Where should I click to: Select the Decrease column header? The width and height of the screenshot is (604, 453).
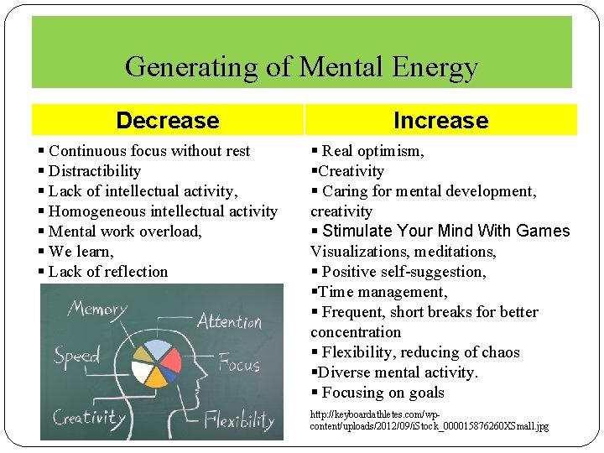click(x=167, y=121)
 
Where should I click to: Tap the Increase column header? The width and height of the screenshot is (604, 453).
click(x=440, y=121)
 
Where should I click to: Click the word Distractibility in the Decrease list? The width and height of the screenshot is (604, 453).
click(x=95, y=171)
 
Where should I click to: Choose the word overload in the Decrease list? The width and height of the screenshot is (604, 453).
click(x=172, y=232)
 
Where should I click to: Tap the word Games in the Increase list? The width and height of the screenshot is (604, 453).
click(x=543, y=231)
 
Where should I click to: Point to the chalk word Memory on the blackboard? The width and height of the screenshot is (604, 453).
click(x=97, y=309)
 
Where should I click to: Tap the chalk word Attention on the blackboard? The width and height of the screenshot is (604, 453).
click(x=230, y=321)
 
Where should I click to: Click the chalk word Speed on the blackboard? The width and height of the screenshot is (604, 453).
click(x=76, y=356)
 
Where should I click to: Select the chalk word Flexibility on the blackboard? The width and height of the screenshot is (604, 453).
click(x=241, y=419)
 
